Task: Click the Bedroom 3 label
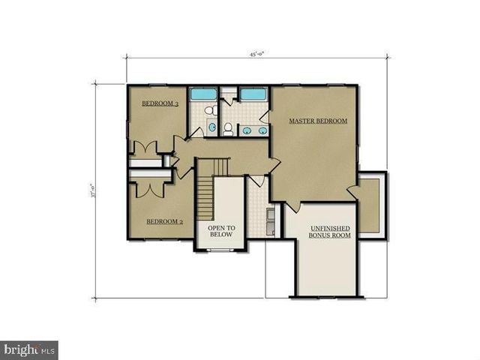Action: [160, 104]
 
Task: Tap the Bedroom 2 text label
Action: [165, 221]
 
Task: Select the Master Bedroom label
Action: [319, 121]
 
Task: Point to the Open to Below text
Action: [221, 231]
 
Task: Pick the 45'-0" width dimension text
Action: [259, 54]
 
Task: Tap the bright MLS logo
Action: [30, 349]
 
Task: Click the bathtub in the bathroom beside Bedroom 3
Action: [202, 95]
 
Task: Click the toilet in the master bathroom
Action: [227, 128]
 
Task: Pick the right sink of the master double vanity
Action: [262, 130]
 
